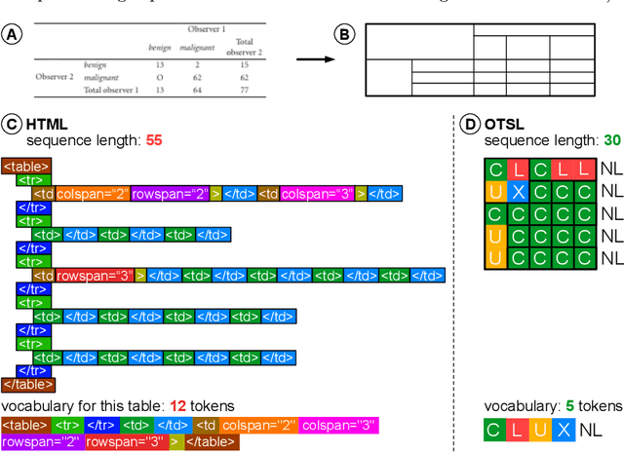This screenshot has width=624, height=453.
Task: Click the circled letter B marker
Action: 344,34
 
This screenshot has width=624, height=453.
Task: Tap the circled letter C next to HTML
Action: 12,124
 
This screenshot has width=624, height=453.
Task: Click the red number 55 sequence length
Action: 153,140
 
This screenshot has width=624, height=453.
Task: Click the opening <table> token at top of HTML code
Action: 20,167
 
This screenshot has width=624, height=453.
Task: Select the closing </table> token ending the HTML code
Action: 27,385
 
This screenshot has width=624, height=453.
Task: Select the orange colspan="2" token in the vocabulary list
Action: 258,426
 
